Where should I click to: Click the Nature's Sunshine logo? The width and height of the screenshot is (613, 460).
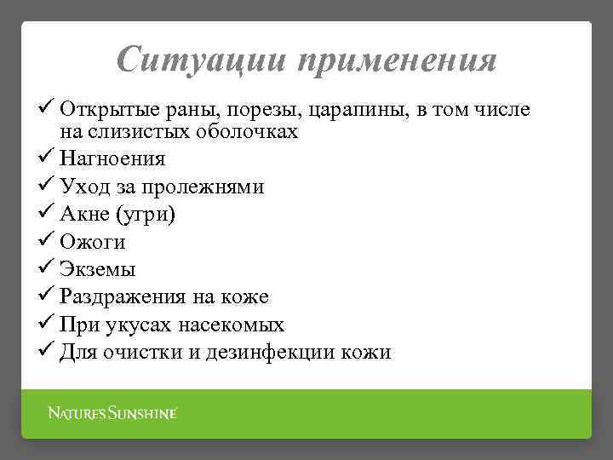tap(112, 413)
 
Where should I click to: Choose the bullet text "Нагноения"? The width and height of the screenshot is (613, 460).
tap(112, 158)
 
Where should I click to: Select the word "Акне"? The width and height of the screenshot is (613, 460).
tap(86, 214)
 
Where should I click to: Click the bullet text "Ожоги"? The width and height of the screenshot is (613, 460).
tap(93, 242)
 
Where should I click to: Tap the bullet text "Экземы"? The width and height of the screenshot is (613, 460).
tap(98, 269)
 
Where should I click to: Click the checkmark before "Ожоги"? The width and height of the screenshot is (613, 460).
tap(47, 241)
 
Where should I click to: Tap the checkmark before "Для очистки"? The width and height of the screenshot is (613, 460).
tap(47, 351)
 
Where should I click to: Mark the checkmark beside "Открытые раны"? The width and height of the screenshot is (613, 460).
tap(47, 109)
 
